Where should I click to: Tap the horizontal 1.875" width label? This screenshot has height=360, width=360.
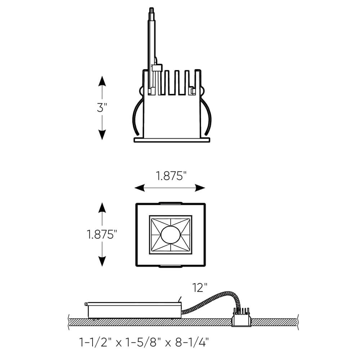(171, 176)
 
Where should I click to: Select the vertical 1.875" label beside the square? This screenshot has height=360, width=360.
(102, 234)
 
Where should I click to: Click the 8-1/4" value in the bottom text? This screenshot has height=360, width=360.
(192, 343)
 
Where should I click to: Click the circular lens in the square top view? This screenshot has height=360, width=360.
(170, 235)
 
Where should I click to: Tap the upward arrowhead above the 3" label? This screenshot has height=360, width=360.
(102, 81)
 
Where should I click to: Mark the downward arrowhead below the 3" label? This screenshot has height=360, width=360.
(102, 135)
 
